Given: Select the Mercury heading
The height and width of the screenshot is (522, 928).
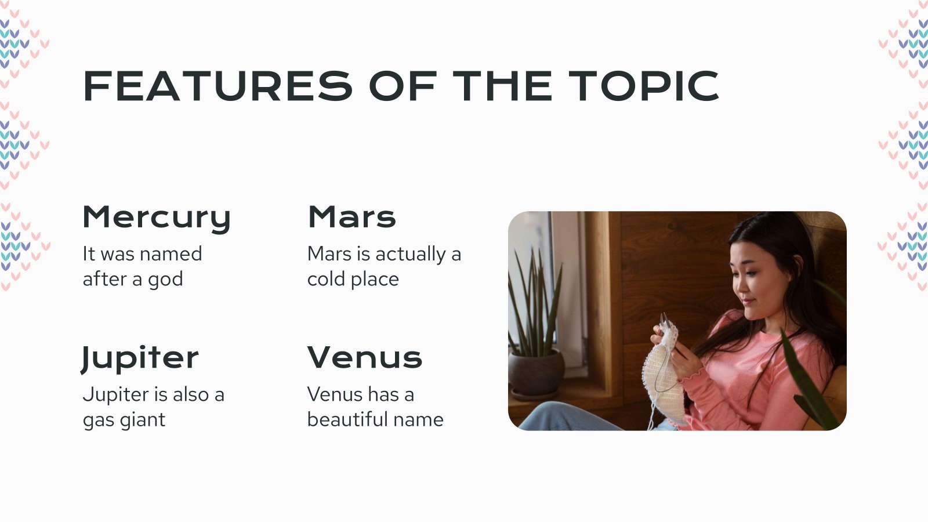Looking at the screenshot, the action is (x=157, y=218).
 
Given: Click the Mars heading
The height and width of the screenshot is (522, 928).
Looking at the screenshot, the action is (x=351, y=217).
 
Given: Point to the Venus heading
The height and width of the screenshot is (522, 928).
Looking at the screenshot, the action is (x=365, y=357).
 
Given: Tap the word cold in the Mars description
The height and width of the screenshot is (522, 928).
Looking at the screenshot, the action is (x=327, y=279).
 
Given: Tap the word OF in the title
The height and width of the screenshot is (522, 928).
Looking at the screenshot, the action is (x=403, y=86).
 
